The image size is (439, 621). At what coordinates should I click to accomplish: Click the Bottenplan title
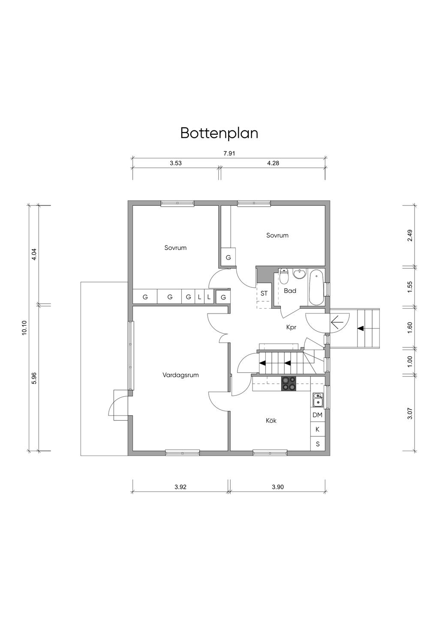point(219,133)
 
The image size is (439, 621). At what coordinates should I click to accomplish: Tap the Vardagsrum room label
point(180,375)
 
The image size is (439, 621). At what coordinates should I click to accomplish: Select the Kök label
point(271,421)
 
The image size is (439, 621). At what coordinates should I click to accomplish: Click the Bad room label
point(290,291)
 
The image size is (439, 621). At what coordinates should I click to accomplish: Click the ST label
point(264,293)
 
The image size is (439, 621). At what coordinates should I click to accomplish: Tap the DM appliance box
point(317,415)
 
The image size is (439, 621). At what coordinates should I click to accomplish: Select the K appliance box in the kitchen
point(317,429)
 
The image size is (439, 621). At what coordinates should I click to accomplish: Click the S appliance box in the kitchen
point(317,444)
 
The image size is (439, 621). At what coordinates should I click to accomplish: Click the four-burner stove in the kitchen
point(289,383)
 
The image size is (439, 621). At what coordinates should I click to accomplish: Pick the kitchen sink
point(317,400)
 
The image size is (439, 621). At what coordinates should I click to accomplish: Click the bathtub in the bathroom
point(316,287)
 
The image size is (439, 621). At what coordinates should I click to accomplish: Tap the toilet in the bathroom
point(284,278)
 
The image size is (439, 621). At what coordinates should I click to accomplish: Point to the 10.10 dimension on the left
point(24,328)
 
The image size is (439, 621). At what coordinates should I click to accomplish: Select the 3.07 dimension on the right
point(410,413)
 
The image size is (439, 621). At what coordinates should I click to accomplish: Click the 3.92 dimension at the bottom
point(180,487)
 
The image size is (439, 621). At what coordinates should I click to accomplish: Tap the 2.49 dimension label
point(410,235)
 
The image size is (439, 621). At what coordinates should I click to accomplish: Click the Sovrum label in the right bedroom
point(277,235)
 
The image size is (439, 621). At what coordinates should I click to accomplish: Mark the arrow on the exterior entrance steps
point(361,328)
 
